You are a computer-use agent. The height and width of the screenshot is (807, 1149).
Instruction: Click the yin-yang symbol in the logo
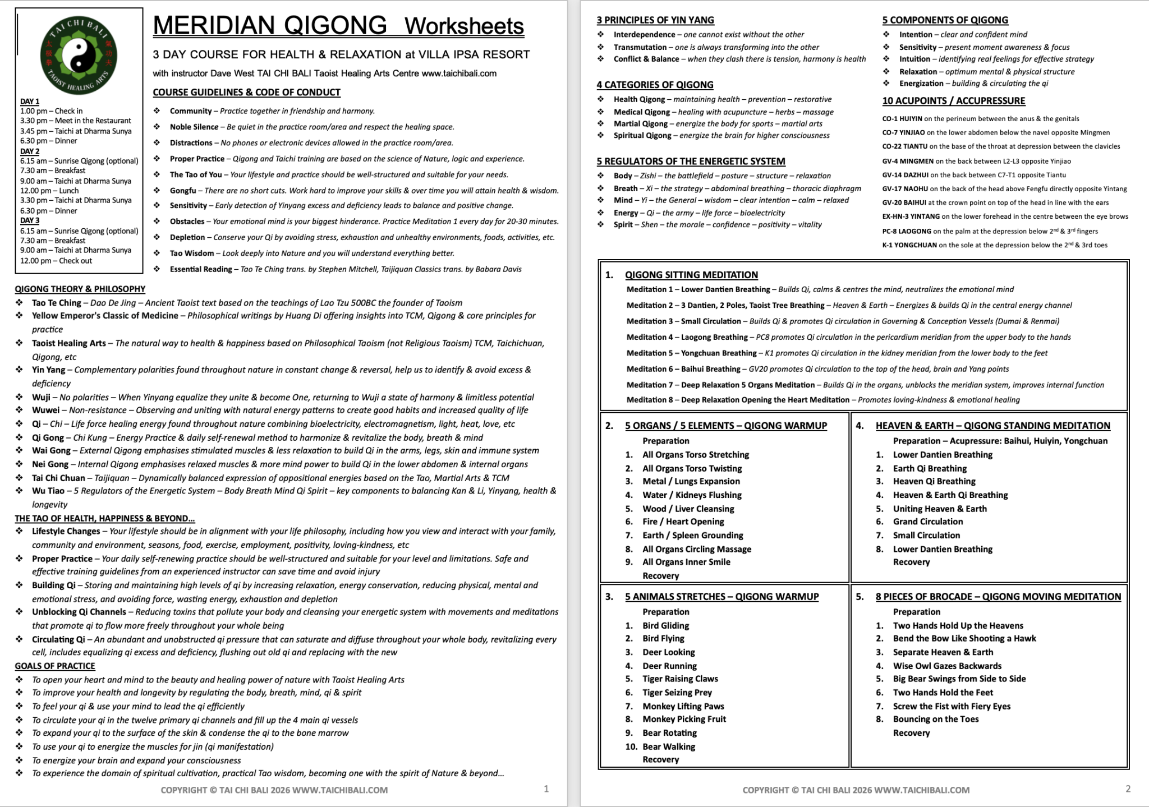click(x=79, y=55)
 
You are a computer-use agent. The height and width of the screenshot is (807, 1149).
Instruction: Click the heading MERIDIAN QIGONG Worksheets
click(x=338, y=26)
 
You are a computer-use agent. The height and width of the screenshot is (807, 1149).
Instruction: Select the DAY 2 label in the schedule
click(x=30, y=151)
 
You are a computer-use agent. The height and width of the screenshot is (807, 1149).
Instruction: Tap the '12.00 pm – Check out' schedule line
click(x=56, y=261)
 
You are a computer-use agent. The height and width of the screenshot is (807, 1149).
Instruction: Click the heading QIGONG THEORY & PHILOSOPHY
click(x=80, y=289)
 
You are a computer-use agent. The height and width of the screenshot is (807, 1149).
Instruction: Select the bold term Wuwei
click(x=45, y=411)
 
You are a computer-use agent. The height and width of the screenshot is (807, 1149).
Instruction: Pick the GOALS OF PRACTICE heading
click(x=55, y=666)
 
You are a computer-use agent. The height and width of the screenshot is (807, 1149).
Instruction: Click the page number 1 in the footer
click(x=546, y=789)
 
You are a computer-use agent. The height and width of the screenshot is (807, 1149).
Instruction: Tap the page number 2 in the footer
click(x=1128, y=789)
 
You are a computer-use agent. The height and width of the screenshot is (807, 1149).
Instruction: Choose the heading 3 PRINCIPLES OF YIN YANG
click(x=655, y=20)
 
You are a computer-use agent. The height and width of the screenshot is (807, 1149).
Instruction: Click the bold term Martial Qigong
click(x=640, y=124)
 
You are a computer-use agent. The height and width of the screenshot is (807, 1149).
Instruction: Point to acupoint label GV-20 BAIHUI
click(x=903, y=203)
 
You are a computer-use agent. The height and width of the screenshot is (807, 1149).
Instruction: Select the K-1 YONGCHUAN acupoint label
click(x=909, y=245)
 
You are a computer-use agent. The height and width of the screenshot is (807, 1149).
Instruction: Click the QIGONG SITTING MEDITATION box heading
click(x=691, y=275)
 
